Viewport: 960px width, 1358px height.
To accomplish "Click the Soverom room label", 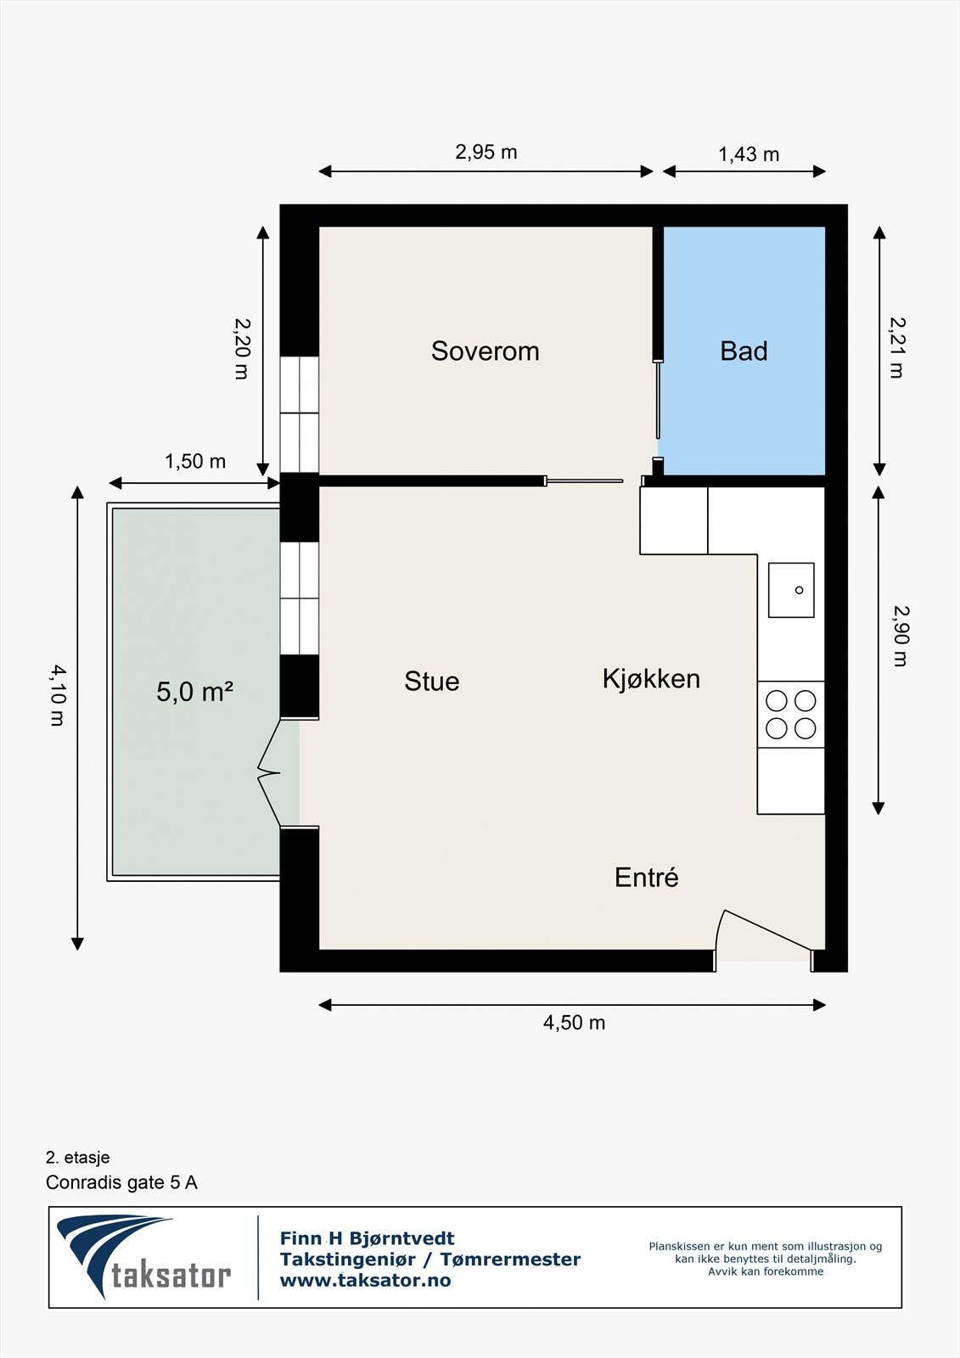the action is tap(486, 351).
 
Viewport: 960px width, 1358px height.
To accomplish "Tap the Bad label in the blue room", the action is tap(744, 351).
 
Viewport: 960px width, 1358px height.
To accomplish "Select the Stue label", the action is tap(432, 682).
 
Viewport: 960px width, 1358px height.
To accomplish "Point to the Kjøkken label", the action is tap(651, 679).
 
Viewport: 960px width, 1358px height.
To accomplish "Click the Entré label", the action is tap(647, 877).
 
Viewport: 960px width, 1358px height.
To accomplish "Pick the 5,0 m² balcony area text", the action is tap(195, 691).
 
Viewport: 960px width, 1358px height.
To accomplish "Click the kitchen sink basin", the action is tap(791, 590).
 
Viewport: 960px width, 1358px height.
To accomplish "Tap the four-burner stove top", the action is tap(791, 714).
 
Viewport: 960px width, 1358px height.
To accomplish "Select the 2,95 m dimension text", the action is tap(486, 152).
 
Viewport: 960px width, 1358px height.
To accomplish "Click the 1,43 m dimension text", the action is tap(749, 154).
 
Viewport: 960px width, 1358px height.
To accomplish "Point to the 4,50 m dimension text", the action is tap(574, 1023).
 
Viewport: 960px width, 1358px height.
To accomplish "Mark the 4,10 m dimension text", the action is tap(58, 695).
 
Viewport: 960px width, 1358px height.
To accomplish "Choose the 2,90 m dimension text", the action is tap(900, 636).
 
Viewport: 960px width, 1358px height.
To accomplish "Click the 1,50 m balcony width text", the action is tap(195, 462).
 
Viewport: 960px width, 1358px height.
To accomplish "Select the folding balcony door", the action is tap(269, 773).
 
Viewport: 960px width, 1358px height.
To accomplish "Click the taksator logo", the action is tap(144, 1257).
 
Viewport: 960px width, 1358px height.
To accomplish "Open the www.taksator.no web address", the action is tap(365, 1281).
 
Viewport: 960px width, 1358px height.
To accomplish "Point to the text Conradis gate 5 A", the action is tap(121, 1182).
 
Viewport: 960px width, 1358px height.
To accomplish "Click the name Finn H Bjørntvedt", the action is tap(367, 1238).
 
